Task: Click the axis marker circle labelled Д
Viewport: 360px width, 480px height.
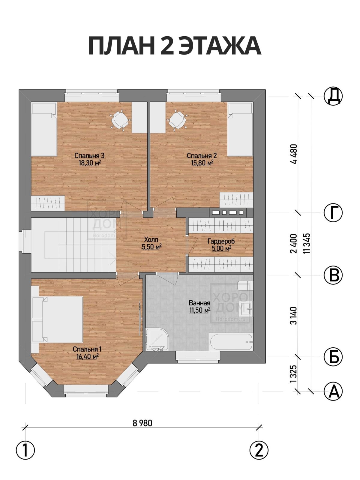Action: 333,96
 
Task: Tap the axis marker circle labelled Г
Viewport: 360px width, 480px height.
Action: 333,213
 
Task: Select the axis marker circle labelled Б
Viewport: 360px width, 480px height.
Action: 333,357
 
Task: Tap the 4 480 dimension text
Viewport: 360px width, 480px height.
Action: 294,154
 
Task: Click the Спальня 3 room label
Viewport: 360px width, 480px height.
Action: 89,156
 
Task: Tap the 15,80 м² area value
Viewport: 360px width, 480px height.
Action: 202,163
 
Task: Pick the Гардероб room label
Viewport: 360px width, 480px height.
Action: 221,241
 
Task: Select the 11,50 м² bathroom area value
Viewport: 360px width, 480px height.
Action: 200,310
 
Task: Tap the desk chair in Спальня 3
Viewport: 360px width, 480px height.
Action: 120,121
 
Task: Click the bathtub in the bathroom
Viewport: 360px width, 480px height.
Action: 231,342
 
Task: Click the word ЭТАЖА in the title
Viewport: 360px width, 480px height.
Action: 220,46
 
